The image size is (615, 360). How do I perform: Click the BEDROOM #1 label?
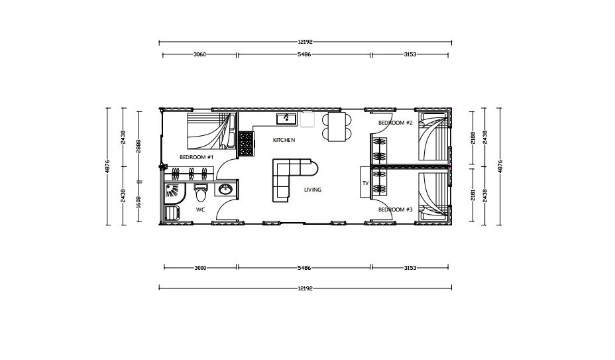point(196,157)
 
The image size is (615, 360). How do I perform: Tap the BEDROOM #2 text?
point(395,123)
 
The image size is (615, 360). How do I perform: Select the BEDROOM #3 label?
point(395,210)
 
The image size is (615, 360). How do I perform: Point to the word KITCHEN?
point(284,141)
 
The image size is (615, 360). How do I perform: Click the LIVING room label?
point(313,190)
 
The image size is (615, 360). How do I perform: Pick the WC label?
point(200,210)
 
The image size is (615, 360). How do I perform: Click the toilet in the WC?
point(201,194)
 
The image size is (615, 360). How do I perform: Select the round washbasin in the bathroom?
point(224,190)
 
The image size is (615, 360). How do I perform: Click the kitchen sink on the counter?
point(286,119)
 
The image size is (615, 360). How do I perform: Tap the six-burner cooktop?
point(246,144)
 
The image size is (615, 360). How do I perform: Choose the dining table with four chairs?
point(337,126)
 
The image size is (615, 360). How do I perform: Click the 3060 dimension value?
point(199,55)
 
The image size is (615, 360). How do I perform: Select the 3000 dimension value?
point(200,269)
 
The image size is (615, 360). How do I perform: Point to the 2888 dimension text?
point(138,147)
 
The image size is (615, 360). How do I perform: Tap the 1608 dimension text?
point(138,202)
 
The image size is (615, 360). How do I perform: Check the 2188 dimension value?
point(473,137)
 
